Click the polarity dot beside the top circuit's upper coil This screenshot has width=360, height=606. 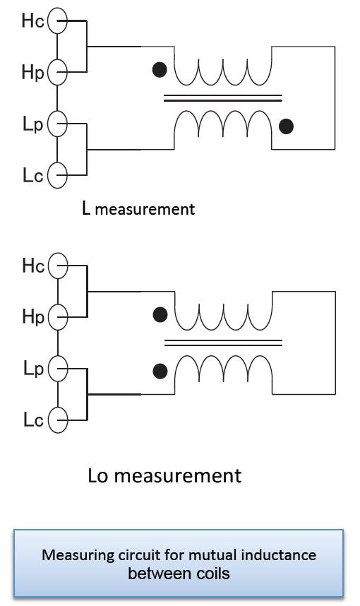[160, 70]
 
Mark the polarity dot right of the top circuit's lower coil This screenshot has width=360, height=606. [286, 126]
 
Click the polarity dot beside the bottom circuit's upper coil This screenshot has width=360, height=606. [160, 314]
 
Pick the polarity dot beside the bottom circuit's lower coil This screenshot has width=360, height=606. [160, 372]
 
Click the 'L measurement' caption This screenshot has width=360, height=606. [138, 208]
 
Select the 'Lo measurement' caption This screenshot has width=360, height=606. [164, 475]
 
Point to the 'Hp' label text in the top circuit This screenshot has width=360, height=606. [33, 72]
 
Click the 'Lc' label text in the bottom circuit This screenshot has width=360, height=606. [33, 420]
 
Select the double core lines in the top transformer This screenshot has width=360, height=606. [223, 98]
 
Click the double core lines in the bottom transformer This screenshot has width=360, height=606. [223, 343]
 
